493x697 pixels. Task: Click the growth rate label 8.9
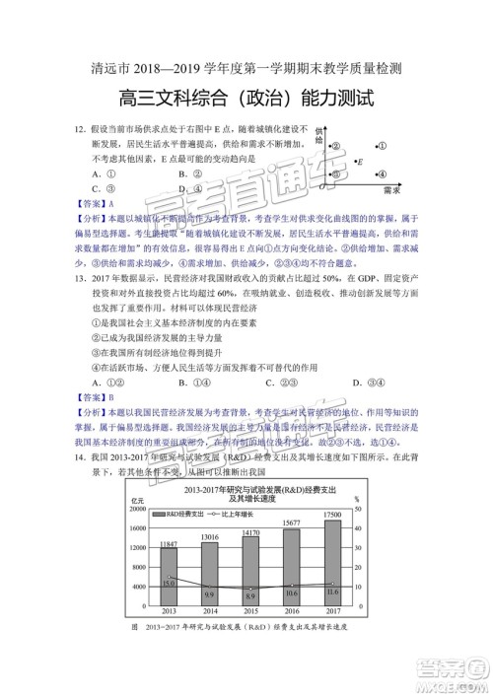249,596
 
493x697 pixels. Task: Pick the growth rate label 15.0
169,584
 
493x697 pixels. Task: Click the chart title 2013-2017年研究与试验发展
248,489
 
